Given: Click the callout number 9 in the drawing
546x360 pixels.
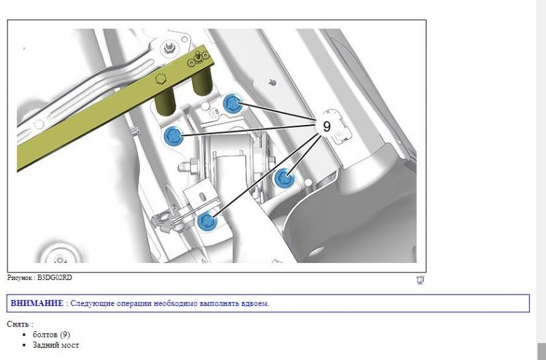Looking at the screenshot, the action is point(326,126).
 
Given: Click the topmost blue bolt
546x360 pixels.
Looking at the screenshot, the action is point(232,103).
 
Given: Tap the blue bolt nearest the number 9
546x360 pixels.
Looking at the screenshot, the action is point(284,178).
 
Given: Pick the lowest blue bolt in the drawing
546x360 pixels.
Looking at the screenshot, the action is point(207,221).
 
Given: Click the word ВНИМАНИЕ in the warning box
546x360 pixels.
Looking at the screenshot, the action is point(37,303).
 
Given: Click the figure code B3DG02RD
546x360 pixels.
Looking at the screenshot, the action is point(55,278).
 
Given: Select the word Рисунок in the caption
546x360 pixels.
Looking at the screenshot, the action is point(20,278).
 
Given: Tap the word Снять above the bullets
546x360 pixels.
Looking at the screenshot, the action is point(18,324).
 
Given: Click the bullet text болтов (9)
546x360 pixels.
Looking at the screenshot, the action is point(51,335).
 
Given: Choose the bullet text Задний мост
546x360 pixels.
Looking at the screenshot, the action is point(56,345).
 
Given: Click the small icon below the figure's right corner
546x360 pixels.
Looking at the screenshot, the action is point(420,280).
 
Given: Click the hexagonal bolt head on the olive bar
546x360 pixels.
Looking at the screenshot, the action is point(160,79).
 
